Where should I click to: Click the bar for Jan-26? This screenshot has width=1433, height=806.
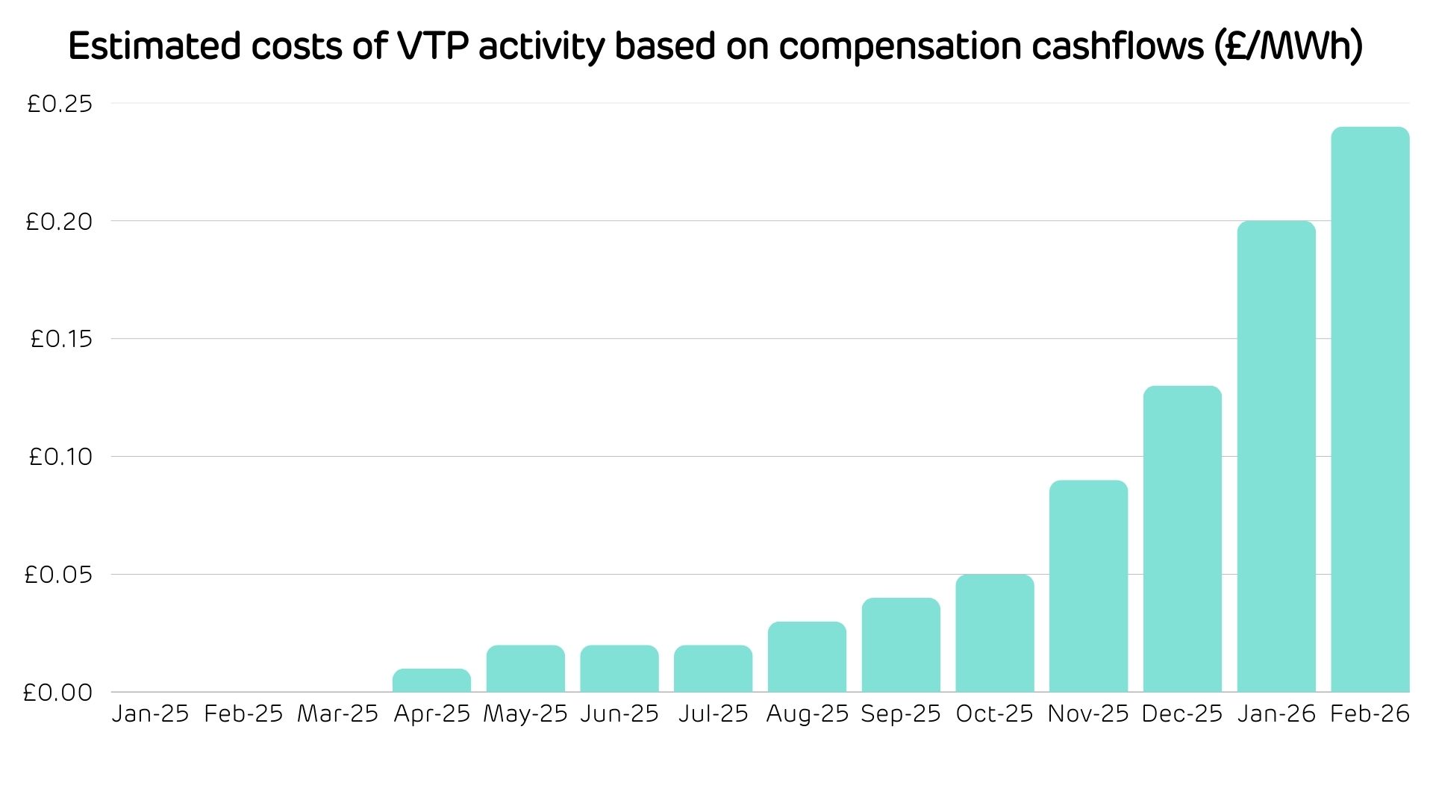(1276, 456)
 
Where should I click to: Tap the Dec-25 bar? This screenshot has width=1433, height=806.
(1182, 539)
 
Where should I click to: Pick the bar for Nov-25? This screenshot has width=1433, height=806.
(1088, 586)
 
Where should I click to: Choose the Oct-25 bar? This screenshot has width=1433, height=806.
(994, 633)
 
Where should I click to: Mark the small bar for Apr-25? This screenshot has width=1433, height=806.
(431, 680)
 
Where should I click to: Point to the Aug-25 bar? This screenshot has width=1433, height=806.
(807, 657)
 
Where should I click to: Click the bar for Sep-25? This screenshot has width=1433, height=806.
(901, 645)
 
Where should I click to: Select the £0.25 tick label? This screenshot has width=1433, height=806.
(60, 104)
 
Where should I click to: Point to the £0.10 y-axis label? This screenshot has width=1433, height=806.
(60, 457)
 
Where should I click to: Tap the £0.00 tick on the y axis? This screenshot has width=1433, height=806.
(58, 693)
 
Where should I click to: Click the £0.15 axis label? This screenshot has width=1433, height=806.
(61, 339)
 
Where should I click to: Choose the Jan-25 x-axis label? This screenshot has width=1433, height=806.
(150, 714)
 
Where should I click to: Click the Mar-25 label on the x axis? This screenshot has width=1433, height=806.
(337, 714)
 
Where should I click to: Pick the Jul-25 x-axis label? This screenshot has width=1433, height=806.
(713, 714)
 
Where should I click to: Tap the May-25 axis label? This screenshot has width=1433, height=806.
(525, 714)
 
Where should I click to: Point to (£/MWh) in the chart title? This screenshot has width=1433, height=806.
(1288, 46)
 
